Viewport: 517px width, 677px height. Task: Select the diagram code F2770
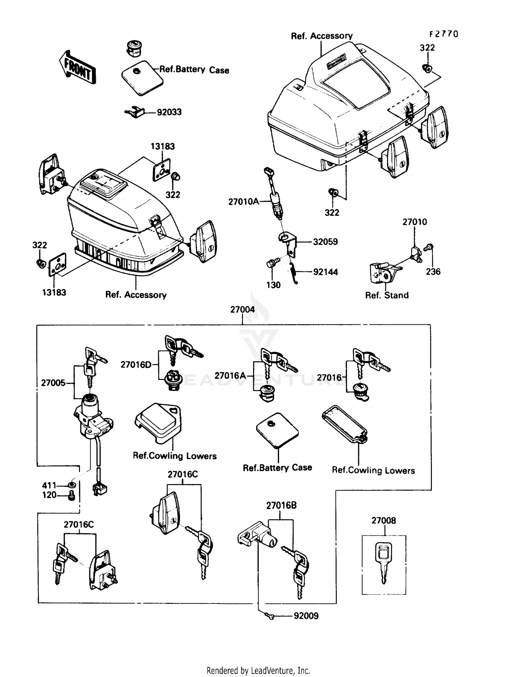point(444,34)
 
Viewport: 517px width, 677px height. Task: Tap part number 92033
point(169,112)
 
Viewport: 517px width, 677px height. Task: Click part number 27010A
point(243,202)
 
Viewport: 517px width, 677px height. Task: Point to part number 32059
point(325,242)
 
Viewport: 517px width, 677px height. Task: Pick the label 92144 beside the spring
point(325,272)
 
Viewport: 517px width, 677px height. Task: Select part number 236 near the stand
point(433,272)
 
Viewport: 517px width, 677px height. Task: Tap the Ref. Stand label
point(387,295)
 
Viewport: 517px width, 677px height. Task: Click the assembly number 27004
point(242,310)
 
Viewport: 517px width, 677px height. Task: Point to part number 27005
point(53,383)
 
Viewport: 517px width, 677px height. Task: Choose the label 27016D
point(136,364)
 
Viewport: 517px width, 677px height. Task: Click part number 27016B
point(281,506)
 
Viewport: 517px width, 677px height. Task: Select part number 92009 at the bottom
point(306,616)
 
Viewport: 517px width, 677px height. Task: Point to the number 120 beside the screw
point(49,495)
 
